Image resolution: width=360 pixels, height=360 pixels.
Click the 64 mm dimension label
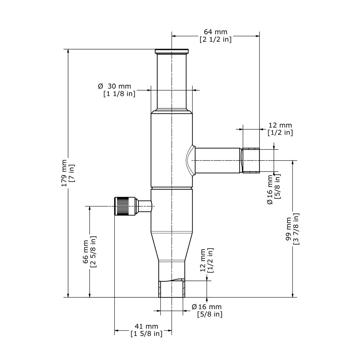[215, 32]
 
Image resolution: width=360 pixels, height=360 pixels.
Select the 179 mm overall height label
[64, 173]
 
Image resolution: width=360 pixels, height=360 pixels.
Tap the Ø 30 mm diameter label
[115, 86]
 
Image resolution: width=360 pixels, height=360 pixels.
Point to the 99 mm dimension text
[289, 229]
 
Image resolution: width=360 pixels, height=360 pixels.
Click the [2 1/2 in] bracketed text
[216, 39]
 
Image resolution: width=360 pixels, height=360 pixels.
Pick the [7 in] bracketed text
[72, 173]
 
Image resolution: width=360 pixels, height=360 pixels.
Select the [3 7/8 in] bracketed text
[296, 229]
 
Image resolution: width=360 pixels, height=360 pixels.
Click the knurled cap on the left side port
[125, 206]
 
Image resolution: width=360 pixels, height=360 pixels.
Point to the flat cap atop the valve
[172, 51]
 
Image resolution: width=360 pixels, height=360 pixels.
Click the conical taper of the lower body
[172, 247]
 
